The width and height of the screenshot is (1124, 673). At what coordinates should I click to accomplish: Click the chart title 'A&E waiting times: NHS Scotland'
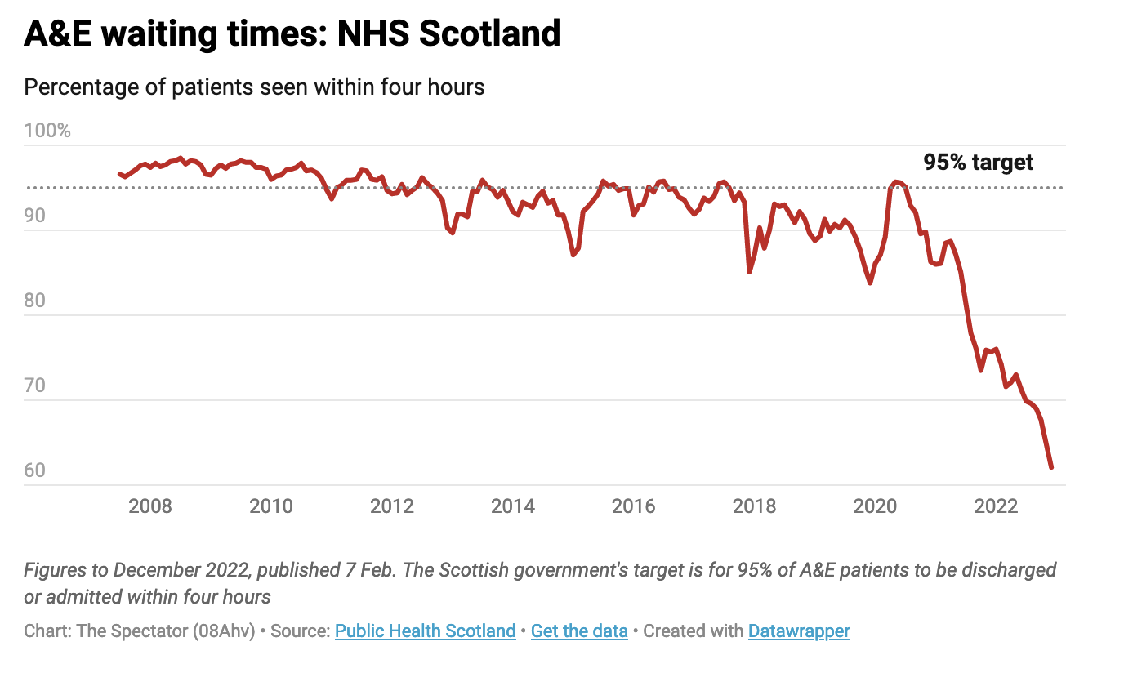tap(292, 34)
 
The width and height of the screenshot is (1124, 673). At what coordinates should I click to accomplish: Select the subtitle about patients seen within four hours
tap(254, 87)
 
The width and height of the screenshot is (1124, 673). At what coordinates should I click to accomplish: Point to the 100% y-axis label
tap(47, 131)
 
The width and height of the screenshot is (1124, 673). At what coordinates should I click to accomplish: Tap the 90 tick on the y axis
tap(35, 216)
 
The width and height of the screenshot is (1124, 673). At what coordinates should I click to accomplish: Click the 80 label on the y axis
tap(35, 301)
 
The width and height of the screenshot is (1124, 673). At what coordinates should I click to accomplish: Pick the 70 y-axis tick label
tap(35, 386)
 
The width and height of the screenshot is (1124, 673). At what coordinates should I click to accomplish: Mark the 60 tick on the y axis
tap(35, 471)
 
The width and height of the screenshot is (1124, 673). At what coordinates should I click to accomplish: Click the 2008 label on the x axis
tap(150, 506)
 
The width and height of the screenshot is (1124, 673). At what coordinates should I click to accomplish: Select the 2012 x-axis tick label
tap(392, 506)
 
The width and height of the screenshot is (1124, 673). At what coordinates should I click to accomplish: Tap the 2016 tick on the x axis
tap(634, 506)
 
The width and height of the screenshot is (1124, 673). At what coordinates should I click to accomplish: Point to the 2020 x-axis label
tap(876, 506)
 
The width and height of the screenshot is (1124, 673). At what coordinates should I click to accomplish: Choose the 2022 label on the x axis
tap(997, 506)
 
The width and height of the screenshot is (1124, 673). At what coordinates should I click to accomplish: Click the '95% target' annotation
tap(978, 163)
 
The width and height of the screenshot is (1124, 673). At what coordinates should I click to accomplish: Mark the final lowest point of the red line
tap(1051, 467)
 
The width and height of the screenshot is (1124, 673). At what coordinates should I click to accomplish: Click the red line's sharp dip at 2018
tap(749, 271)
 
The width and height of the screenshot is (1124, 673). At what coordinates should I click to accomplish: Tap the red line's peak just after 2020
tap(895, 181)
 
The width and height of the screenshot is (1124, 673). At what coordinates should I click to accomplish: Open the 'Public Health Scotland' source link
tap(425, 631)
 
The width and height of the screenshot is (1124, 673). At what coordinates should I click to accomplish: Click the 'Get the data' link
tap(579, 631)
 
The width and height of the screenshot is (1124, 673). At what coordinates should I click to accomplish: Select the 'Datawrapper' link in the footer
tap(799, 631)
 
